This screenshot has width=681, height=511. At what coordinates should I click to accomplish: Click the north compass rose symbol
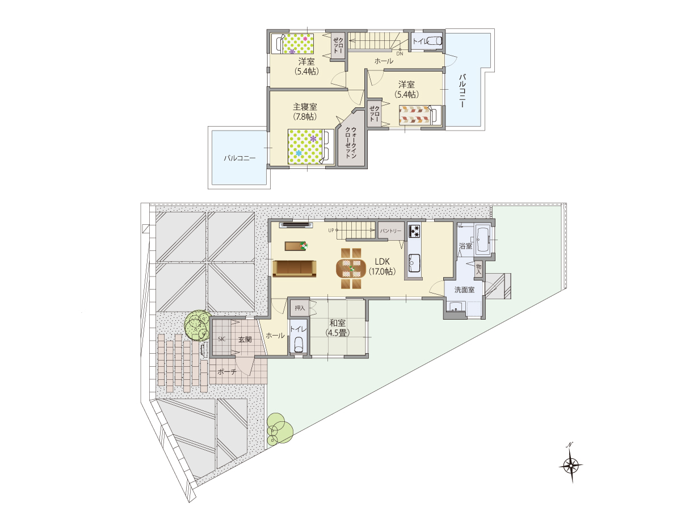pos(570,466)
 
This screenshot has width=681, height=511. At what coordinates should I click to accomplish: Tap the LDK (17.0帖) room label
pos(382,266)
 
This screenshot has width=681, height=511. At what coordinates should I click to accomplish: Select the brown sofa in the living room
pos(295,269)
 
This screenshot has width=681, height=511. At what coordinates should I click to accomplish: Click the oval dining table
pos(351,269)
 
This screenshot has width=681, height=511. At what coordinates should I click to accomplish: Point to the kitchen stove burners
pos(414,231)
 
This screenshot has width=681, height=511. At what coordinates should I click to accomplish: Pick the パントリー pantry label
pos(390,231)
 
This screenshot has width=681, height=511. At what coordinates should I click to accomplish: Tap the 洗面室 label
pos(464,290)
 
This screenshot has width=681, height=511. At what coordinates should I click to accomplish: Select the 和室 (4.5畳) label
pos(338,328)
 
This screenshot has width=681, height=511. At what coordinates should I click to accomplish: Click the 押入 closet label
pos(300,308)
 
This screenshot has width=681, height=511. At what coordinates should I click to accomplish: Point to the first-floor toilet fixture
pos(299,345)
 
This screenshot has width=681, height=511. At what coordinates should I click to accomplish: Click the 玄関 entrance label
pos(245,340)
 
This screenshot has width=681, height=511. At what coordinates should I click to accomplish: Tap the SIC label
pos(221,339)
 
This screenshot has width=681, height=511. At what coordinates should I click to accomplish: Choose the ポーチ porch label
pos(227,372)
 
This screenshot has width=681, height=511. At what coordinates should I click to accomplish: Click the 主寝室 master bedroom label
pos(305,107)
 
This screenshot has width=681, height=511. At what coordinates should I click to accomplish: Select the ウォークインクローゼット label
pos(351,143)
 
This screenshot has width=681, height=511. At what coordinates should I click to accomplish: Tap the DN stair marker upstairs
pos(400,54)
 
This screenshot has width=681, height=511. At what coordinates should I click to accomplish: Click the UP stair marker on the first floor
pos(331,231)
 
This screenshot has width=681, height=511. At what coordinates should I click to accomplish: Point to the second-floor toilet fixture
pos(434,41)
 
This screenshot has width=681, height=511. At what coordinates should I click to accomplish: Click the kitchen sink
pos(414,263)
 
